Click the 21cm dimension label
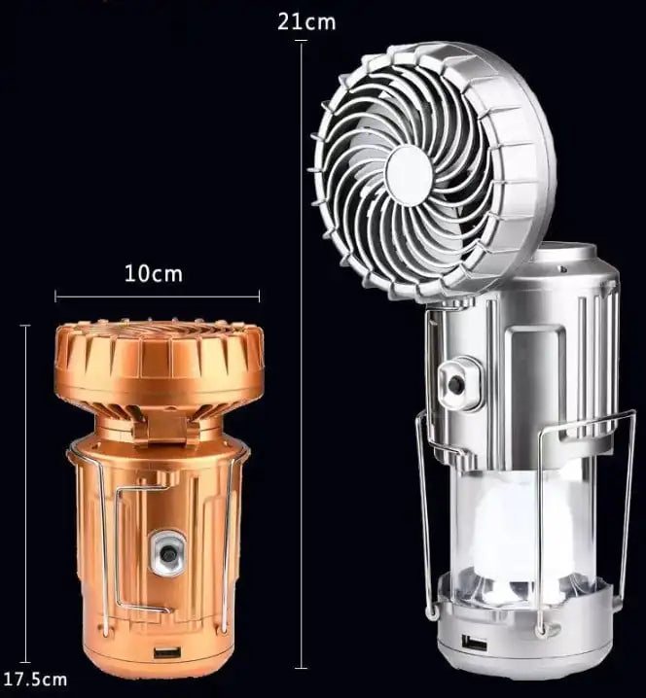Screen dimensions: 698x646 [306, 21]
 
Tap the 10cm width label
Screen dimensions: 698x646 [154, 273]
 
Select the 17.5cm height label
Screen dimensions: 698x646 [34, 678]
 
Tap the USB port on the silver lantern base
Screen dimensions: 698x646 [475, 643]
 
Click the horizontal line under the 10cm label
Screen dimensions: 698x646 [157, 296]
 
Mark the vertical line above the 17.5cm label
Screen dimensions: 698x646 [26, 486]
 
